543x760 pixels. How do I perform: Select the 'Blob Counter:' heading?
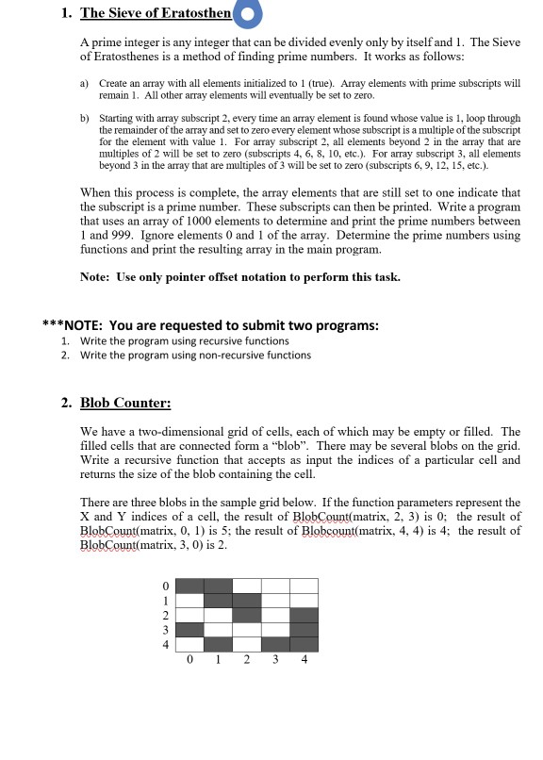(124, 403)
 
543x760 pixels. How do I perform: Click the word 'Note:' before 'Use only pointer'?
(99, 276)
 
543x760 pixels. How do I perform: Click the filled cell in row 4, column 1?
(219, 643)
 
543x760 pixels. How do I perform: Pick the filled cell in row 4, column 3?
(275, 643)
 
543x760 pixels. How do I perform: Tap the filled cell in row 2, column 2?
(247, 614)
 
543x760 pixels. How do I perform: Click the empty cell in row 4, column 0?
(190, 643)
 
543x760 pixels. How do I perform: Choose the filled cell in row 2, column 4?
(304, 614)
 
